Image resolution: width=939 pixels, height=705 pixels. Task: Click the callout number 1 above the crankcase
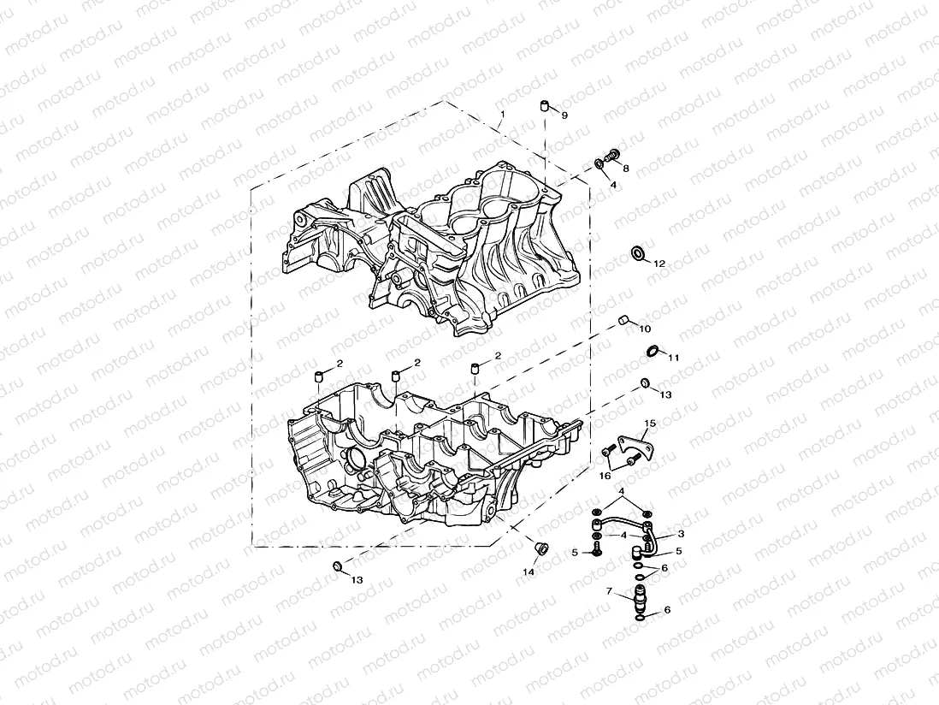503,114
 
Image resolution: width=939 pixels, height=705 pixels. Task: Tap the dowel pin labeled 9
543,106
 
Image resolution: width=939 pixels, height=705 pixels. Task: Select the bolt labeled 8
611,155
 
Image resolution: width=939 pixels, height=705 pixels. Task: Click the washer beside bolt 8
599,163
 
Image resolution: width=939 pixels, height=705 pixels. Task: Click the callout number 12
659,264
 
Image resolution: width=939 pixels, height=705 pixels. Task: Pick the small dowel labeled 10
624,320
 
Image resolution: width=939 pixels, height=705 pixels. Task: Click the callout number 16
605,475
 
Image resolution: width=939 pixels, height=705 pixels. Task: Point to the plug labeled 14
540,547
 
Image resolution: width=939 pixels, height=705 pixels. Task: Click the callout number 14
529,572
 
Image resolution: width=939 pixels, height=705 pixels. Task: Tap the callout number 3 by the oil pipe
681,534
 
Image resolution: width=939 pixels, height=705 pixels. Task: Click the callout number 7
609,591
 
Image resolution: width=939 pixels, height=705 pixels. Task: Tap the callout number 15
650,424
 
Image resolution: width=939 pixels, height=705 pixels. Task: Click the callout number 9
564,115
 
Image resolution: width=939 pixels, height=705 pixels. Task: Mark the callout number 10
644,329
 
